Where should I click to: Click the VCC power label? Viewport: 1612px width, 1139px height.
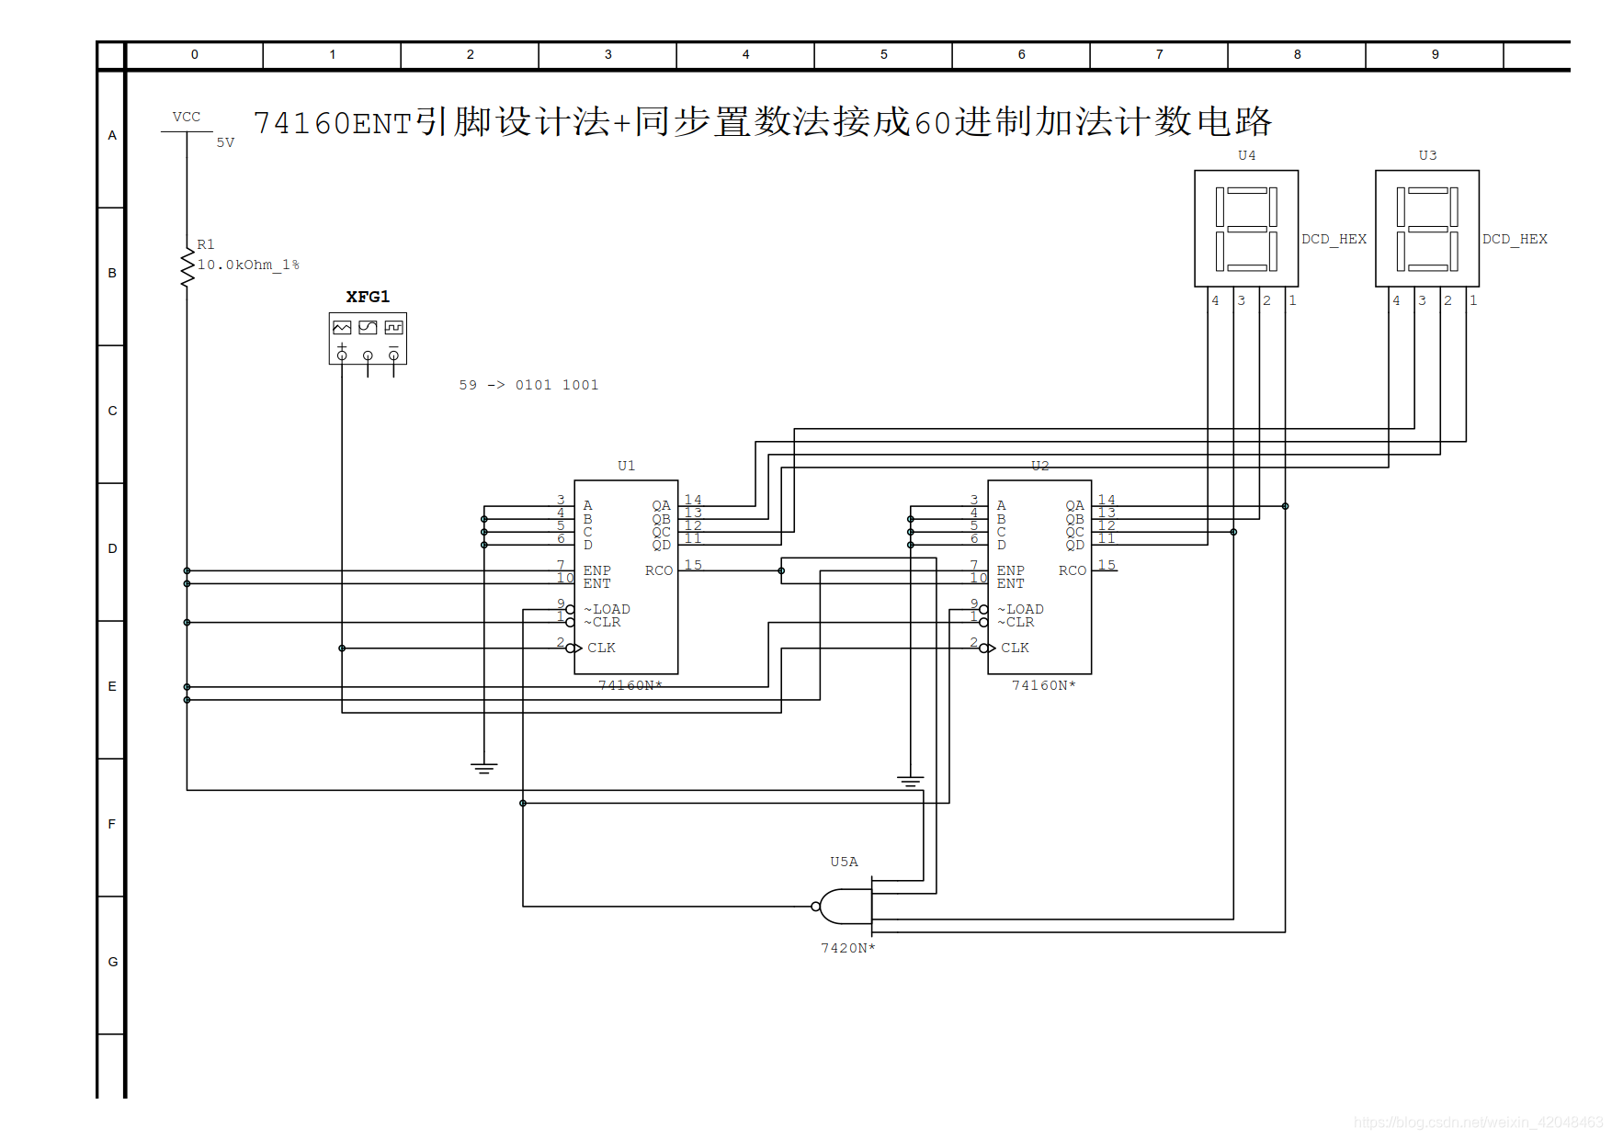click(186, 117)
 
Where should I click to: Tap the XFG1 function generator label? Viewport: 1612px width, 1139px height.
click(368, 297)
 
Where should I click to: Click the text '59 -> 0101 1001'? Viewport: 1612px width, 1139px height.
click(528, 385)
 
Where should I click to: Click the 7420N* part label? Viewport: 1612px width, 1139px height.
click(847, 948)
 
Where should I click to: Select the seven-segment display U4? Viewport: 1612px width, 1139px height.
click(1246, 229)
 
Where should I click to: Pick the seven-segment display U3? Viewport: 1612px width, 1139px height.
click(1427, 229)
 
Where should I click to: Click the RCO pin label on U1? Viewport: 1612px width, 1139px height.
click(658, 570)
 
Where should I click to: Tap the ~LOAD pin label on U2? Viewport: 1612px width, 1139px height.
click(1020, 609)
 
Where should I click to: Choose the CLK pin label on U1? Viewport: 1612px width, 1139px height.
click(601, 648)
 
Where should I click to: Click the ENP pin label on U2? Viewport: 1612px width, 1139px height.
click(1010, 570)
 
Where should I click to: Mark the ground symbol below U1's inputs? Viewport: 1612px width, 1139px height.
click(484, 768)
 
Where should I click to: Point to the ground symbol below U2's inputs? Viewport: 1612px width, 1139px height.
click(910, 781)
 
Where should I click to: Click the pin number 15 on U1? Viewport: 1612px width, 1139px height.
click(693, 565)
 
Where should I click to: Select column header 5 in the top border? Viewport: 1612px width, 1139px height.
click(883, 54)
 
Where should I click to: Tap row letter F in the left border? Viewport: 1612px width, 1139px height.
click(112, 824)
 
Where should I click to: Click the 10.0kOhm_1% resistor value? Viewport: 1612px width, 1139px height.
click(248, 265)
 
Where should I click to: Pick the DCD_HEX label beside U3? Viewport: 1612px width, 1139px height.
click(1515, 239)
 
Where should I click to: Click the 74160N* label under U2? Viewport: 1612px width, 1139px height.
click(1043, 685)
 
